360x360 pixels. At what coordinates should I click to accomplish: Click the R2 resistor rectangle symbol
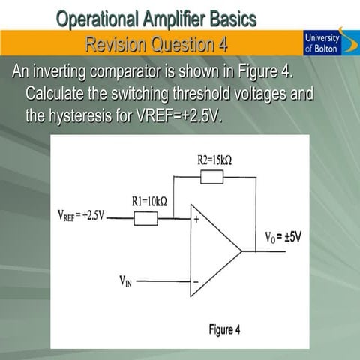pyautogui.click(x=213, y=177)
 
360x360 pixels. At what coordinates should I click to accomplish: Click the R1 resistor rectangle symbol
pyautogui.click(x=145, y=218)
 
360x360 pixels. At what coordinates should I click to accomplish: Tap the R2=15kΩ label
pyautogui.click(x=214, y=159)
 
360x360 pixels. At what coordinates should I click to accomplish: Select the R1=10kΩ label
pyautogui.click(x=149, y=201)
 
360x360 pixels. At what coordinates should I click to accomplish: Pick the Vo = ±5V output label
pyautogui.click(x=283, y=238)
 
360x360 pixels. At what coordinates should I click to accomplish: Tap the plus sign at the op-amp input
pyautogui.click(x=197, y=220)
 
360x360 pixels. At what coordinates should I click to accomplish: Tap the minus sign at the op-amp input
pyautogui.click(x=196, y=283)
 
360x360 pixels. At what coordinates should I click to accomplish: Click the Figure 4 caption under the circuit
pyautogui.click(x=225, y=330)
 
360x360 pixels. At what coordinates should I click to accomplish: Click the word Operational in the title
pyautogui.click(x=103, y=18)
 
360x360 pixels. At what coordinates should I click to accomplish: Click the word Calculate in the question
pyautogui.click(x=57, y=95)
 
